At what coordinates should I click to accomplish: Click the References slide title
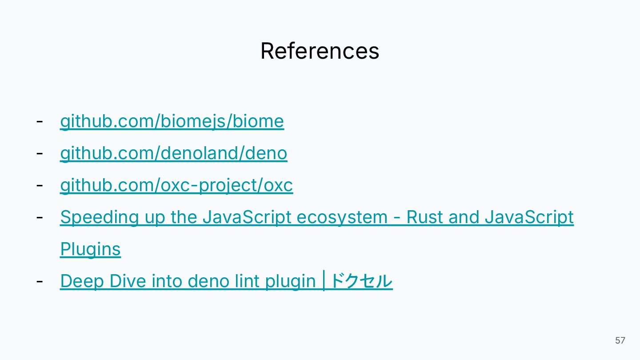(320, 51)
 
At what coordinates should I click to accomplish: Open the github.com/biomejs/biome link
(172, 121)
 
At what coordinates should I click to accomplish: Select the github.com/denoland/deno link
(173, 153)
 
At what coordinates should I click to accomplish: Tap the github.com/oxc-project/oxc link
(176, 185)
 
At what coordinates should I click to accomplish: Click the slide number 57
(620, 340)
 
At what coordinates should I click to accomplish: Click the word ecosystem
(342, 217)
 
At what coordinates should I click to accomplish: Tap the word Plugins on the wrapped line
(90, 249)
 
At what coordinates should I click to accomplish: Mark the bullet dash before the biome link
(40, 121)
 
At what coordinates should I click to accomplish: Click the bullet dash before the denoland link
(40, 153)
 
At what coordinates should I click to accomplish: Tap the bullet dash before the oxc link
(40, 185)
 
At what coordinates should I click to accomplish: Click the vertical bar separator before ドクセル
(324, 281)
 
